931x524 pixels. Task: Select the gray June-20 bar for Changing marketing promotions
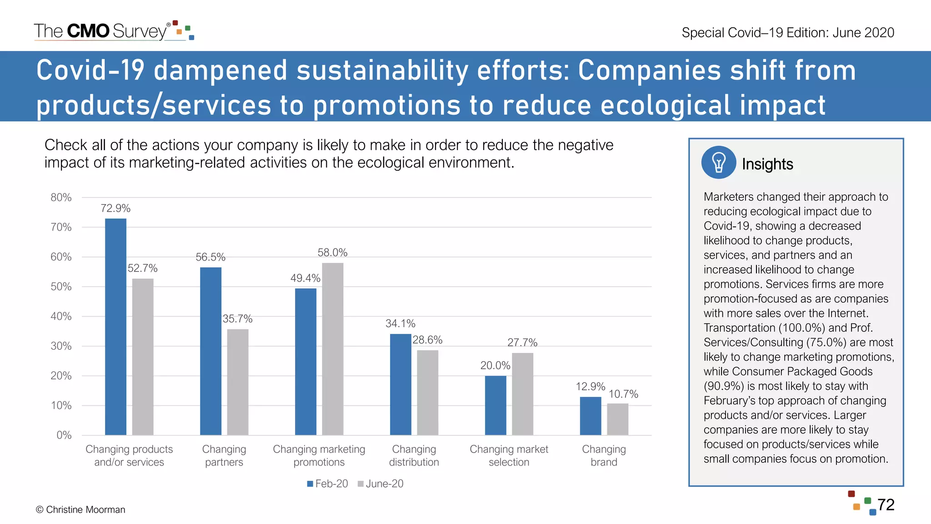[x=332, y=349]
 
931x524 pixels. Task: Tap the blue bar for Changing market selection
[x=495, y=405]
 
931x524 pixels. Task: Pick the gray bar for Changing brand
[x=617, y=419]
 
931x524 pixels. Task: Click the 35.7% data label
[x=237, y=319]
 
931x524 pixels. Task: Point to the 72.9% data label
[x=115, y=208]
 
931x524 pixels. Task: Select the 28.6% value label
[x=427, y=340]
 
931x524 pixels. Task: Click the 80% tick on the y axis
[x=61, y=197]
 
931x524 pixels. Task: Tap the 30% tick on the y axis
[x=61, y=346]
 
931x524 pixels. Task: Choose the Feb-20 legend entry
[x=327, y=484]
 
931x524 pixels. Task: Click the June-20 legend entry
[x=380, y=484]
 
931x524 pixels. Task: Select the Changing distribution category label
[x=414, y=456]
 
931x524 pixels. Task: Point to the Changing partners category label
[x=224, y=456]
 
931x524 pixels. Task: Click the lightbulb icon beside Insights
[x=718, y=162]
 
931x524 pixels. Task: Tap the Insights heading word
[x=767, y=164]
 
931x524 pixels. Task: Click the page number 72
[x=886, y=505]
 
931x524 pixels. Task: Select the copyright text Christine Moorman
[x=80, y=510]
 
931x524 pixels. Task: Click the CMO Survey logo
[x=114, y=31]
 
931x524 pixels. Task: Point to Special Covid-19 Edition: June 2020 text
[x=788, y=33]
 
